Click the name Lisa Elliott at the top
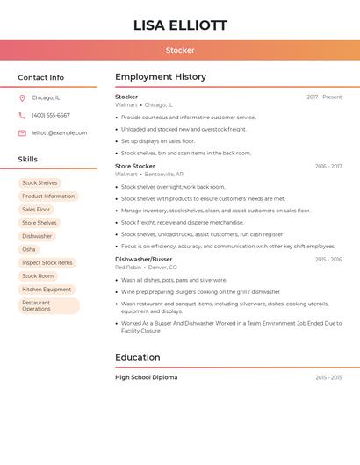pos(180,25)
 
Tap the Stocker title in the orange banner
pos(180,50)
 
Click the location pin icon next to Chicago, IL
pos(22,97)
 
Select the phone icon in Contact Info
pos(22,115)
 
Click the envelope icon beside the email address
pos(22,133)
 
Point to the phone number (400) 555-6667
pos(51,115)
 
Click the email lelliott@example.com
pos(60,133)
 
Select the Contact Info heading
pos(41,77)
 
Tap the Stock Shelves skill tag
pos(40,183)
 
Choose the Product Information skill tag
pos(48,197)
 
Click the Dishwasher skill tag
pos(37,236)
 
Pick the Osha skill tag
pos(29,249)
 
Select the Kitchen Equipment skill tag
pos(47,290)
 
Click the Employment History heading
pos(161,77)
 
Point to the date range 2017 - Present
pos(324,97)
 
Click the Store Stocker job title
pos(135,166)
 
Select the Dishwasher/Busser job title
pos(144,260)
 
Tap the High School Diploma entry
pos(147,377)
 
